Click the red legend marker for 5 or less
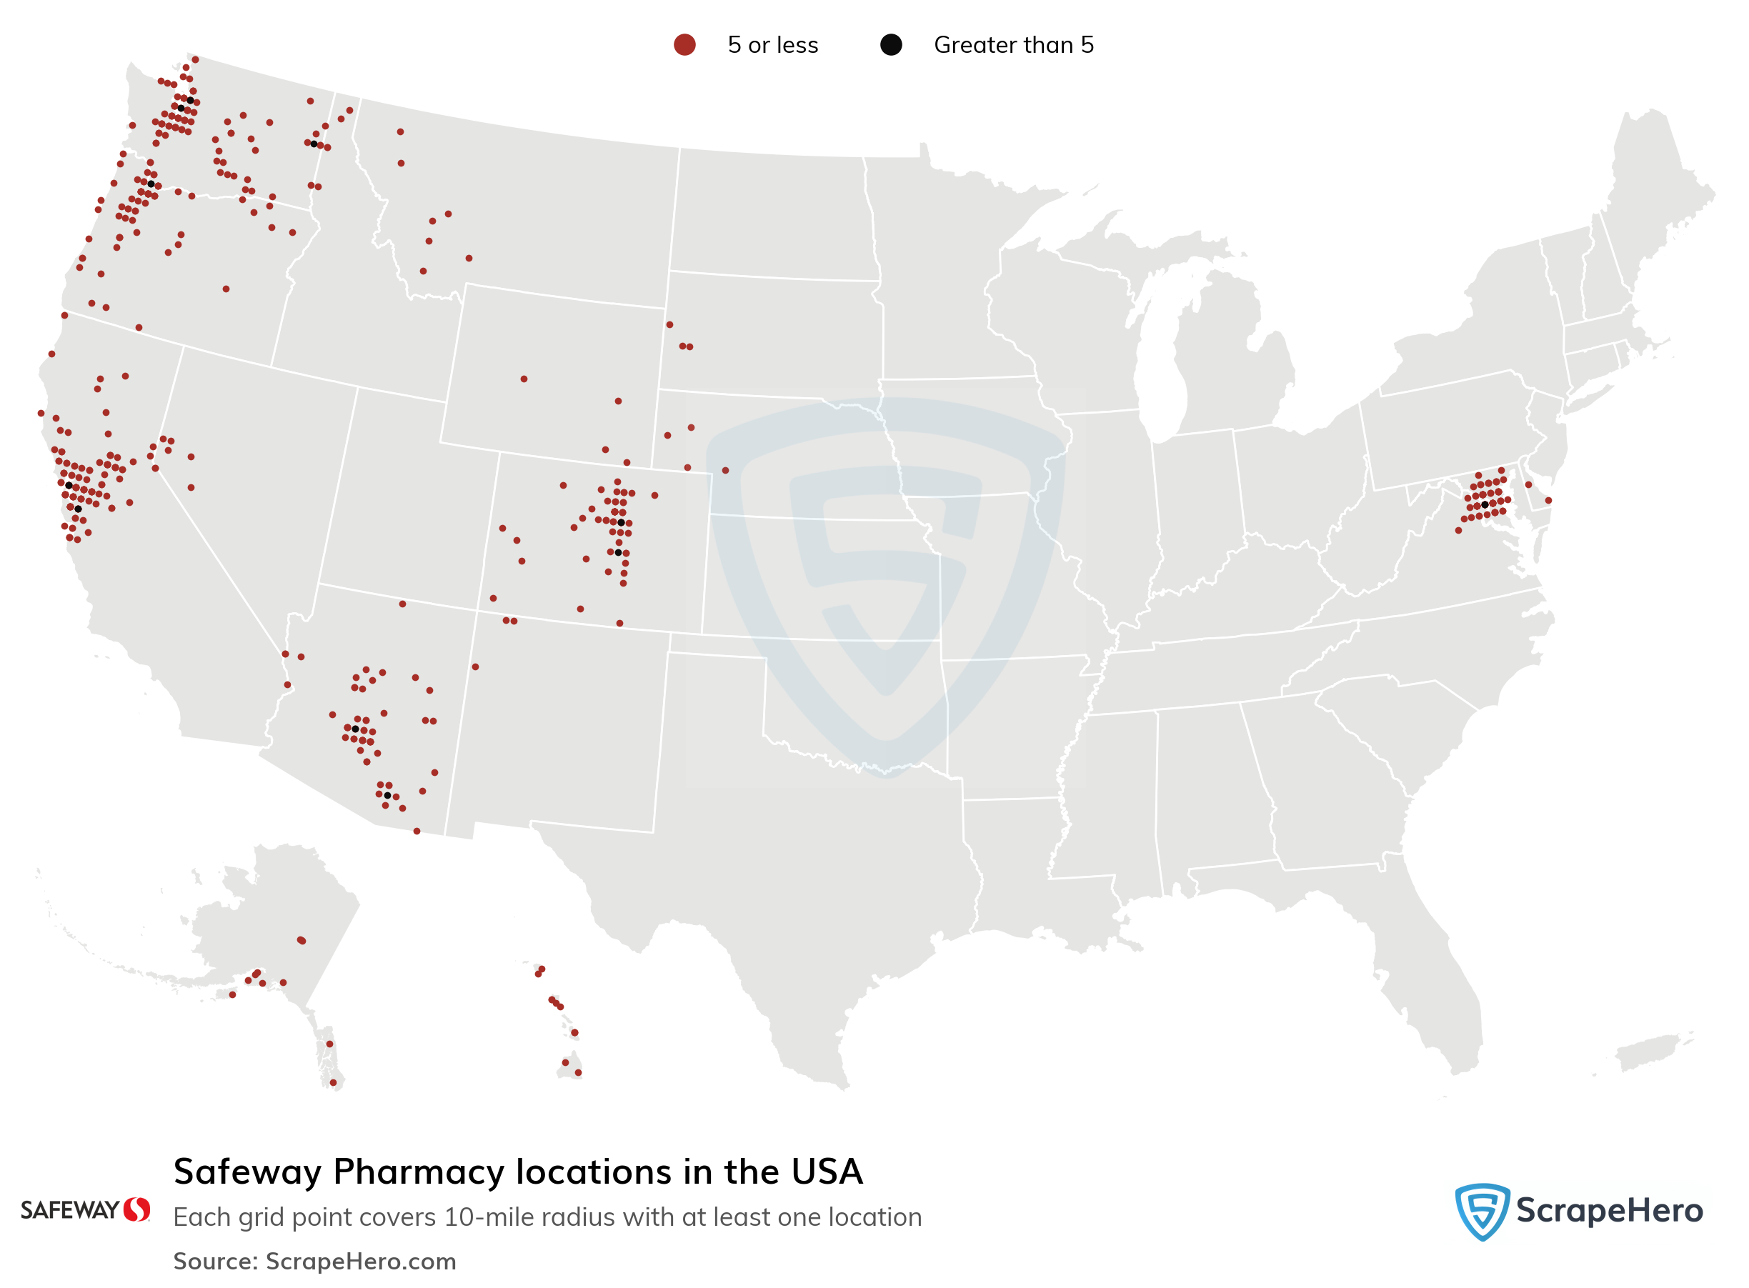coord(684,45)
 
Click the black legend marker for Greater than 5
coord(890,45)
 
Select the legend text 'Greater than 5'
coord(1013,45)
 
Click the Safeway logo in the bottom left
coord(85,1210)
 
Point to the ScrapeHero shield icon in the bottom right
coord(1482,1211)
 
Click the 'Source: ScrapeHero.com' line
coord(314,1262)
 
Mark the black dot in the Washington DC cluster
coord(1485,504)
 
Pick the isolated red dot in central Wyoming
coord(524,379)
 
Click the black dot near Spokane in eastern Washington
coord(314,144)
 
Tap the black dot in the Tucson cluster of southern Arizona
coord(387,795)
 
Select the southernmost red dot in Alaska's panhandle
coord(333,1082)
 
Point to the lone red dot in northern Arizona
coord(402,604)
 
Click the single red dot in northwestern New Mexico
coord(476,667)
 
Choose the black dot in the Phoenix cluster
coord(356,729)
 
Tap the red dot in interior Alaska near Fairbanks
coord(301,940)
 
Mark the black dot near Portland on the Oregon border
coord(151,184)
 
